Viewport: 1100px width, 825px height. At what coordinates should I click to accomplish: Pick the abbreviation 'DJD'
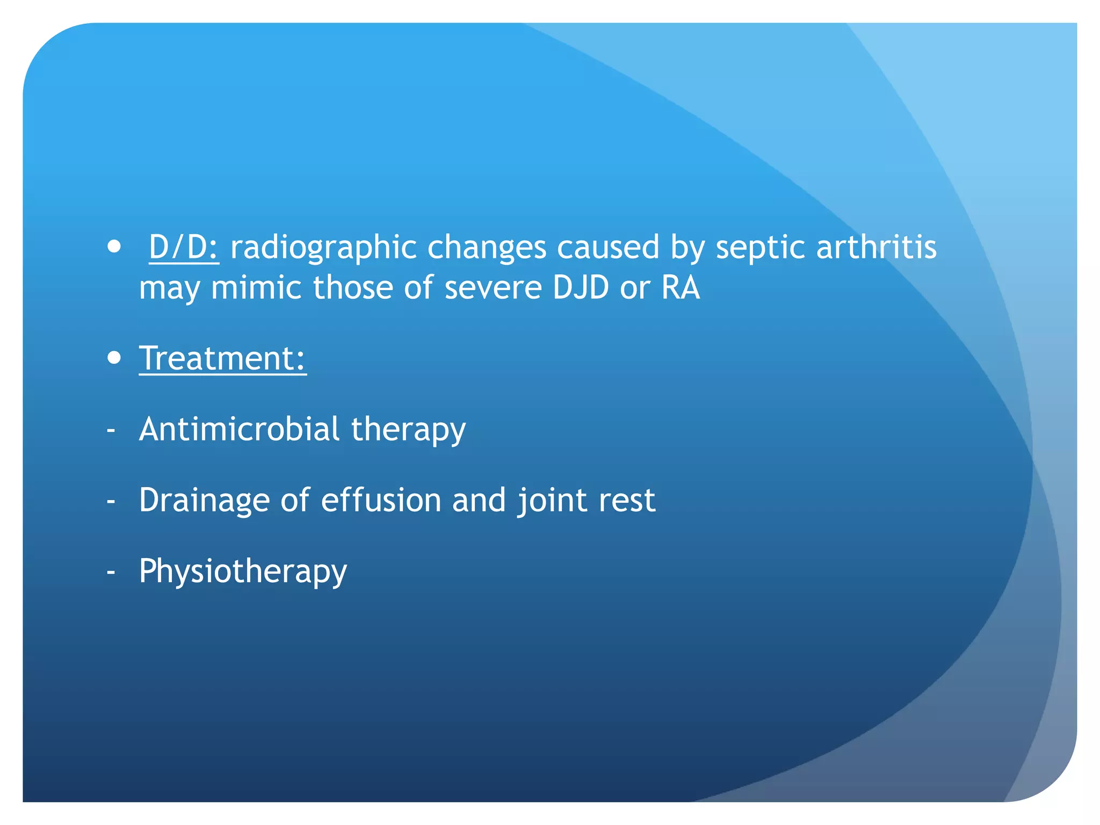click(581, 287)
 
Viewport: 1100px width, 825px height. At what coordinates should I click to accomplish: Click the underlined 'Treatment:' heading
click(222, 358)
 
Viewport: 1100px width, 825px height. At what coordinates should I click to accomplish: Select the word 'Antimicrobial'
click(240, 429)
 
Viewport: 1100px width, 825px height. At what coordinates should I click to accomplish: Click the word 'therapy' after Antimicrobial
click(408, 430)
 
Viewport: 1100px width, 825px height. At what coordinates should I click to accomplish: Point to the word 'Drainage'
click(204, 501)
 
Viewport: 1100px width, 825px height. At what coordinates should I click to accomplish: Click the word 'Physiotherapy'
click(243, 571)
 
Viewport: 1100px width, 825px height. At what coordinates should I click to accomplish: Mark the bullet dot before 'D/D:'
click(114, 247)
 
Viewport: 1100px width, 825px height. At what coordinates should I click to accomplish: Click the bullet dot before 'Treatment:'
click(114, 358)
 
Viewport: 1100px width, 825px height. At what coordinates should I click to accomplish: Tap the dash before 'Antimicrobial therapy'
click(111, 430)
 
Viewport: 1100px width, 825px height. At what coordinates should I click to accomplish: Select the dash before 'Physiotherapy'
click(111, 572)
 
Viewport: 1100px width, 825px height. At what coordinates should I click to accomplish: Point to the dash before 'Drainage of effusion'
click(111, 501)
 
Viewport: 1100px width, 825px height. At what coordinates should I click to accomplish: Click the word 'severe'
click(493, 287)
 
